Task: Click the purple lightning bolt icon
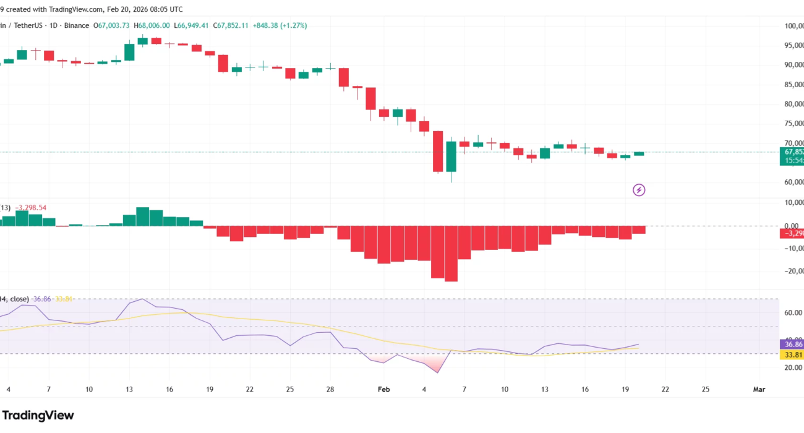pos(639,190)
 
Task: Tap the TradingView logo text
pos(38,415)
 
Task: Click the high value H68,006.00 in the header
pos(152,25)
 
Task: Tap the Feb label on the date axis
pos(384,389)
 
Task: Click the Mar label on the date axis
pos(758,389)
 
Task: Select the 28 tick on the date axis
pos(331,389)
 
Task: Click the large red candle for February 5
pos(438,151)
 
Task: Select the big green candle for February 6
pos(451,156)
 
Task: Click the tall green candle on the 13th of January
pos(129,52)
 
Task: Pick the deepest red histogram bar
pos(451,254)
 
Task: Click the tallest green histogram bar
pos(143,216)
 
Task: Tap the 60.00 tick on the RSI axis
pos(793,313)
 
